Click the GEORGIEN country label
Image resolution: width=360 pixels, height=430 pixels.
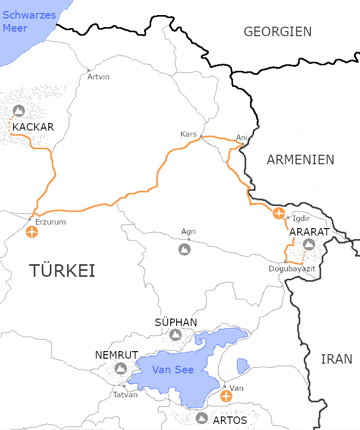pos(278,32)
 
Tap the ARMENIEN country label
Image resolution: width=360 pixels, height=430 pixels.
pos(300,160)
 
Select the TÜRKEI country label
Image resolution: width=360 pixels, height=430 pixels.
pos(62,271)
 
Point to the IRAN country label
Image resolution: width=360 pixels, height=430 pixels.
pos(337,359)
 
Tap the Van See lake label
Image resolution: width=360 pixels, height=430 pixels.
pos(173,370)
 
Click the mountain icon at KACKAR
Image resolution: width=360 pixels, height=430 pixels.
pos(19,110)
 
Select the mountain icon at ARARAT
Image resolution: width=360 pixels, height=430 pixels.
pos(309,244)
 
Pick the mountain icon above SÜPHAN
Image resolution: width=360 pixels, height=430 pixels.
pos(175,334)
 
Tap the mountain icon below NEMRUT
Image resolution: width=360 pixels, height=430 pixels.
pos(121,369)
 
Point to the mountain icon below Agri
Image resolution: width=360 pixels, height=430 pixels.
pos(184,249)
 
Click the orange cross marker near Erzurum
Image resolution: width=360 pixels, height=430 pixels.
pos(32,232)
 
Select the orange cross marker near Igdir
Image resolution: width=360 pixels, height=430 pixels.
pos(279,213)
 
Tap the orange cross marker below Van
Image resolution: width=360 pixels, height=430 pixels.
pos(226,396)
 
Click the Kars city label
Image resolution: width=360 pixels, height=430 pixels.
pos(188,134)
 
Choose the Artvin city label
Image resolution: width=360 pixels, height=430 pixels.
pos(98,77)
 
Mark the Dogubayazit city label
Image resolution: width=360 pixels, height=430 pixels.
pos(292,269)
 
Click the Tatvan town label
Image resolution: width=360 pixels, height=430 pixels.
pos(125,394)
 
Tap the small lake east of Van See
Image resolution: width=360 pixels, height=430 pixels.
pos(243,366)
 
